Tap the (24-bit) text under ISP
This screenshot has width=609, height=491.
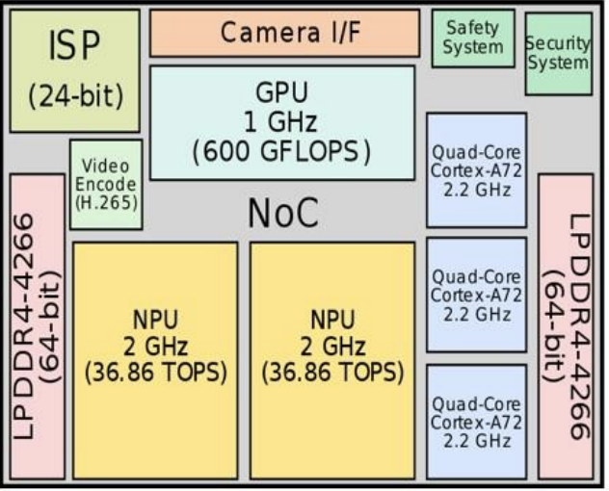[76, 96]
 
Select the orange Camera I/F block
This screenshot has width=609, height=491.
[284, 33]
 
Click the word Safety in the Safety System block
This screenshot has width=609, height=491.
[473, 28]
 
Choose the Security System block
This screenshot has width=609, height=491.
[559, 54]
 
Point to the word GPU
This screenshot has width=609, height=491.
[282, 92]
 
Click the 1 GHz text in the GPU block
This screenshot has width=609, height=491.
[280, 121]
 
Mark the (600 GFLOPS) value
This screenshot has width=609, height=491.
[281, 151]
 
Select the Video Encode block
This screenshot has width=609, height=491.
[106, 185]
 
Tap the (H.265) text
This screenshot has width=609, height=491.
[106, 202]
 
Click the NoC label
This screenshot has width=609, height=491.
[283, 213]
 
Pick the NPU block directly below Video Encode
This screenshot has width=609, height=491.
[155, 361]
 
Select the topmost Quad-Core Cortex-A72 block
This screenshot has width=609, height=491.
[477, 170]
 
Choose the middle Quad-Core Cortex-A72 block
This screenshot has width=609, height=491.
[477, 295]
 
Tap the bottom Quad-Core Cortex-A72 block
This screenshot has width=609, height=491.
[477, 422]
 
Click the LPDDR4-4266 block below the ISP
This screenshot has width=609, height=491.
[38, 326]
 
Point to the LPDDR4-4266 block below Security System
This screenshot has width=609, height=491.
[566, 326]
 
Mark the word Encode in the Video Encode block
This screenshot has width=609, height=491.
[106, 185]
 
